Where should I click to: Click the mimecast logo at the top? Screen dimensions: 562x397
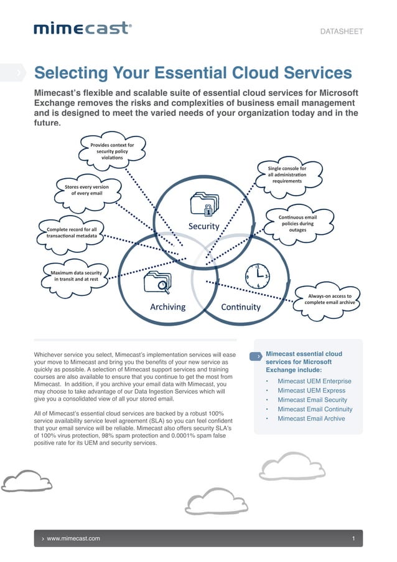pyautogui.click(x=82, y=28)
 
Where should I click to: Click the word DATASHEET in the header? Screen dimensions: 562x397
pyautogui.click(x=341, y=31)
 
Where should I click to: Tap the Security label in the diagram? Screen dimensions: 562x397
pyautogui.click(x=203, y=226)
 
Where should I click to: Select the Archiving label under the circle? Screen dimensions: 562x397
pyautogui.click(x=167, y=307)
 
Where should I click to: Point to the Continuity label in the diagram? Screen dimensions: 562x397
pyautogui.click(x=241, y=307)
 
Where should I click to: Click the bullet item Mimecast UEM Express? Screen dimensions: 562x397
pyautogui.click(x=311, y=391)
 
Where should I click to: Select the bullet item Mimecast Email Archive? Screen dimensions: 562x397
pyautogui.click(x=311, y=419)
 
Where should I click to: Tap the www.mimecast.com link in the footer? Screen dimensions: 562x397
pyautogui.click(x=73, y=538)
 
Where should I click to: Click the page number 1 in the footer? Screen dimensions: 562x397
pyautogui.click(x=353, y=538)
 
